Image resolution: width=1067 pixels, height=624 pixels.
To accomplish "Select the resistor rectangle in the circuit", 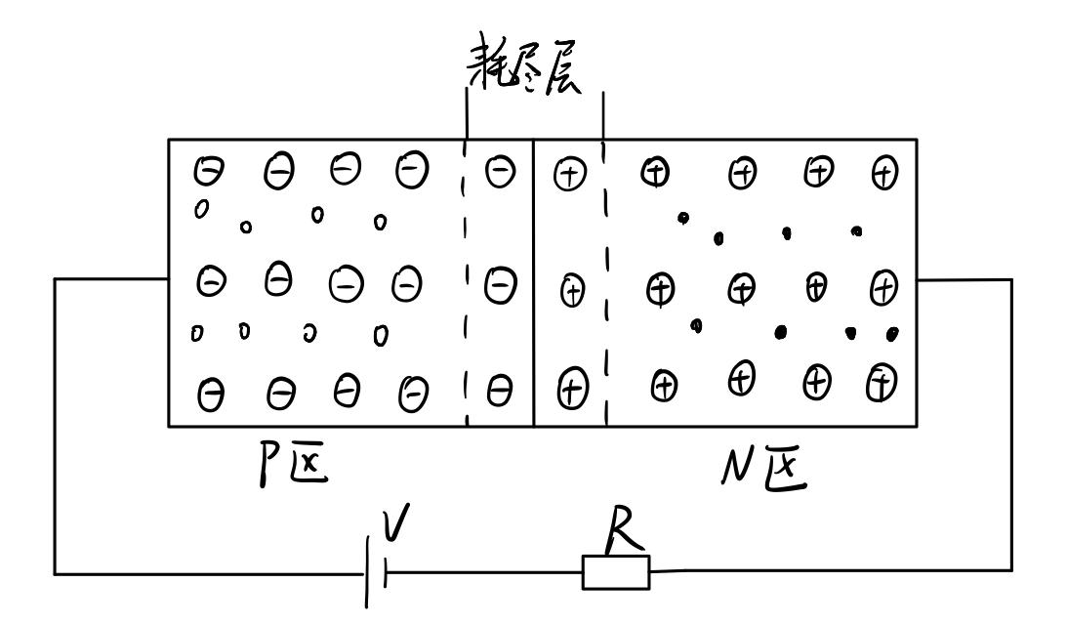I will (615, 571).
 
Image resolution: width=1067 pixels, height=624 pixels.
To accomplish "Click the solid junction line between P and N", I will (534, 283).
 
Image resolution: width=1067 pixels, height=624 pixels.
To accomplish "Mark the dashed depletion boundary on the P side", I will (466, 283).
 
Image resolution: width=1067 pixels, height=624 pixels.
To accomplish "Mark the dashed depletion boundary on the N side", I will (605, 283).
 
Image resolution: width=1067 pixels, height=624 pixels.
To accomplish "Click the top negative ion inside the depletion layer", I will (500, 172).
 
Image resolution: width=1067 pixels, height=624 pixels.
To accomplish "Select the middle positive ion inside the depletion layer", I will (574, 290).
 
